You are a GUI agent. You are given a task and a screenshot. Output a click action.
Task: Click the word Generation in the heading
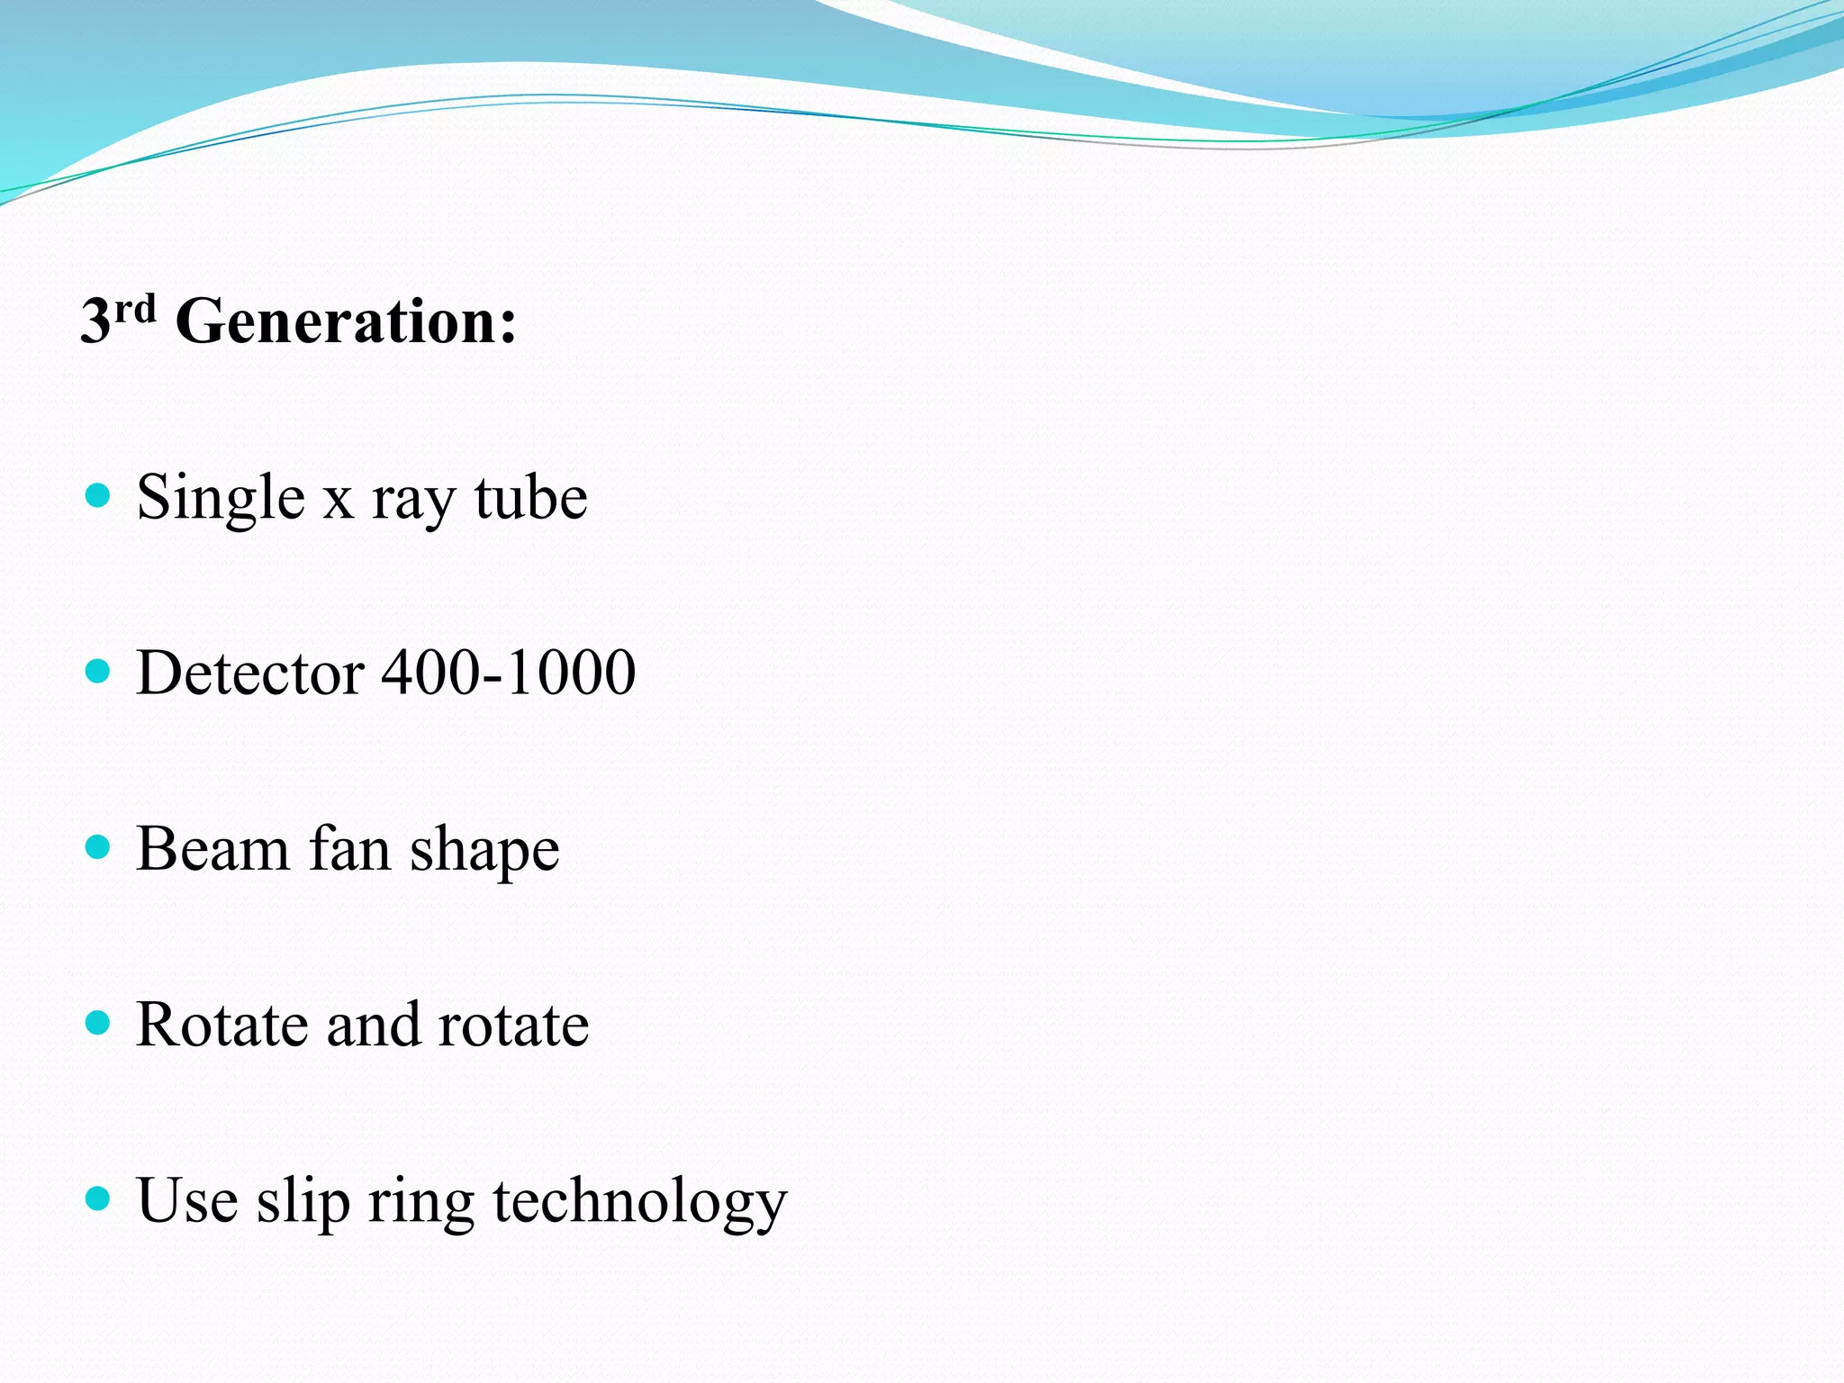point(346,321)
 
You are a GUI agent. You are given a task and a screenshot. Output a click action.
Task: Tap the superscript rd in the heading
point(135,309)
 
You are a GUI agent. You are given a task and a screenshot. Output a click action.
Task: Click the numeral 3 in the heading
point(95,321)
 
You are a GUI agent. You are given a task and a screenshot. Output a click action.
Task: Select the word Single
point(221,498)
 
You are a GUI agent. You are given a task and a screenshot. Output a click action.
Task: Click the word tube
point(531,498)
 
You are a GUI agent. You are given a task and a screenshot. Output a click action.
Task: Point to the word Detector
point(250,673)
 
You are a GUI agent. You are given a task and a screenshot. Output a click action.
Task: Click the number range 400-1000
point(509,673)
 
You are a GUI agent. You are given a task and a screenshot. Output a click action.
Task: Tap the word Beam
point(212,849)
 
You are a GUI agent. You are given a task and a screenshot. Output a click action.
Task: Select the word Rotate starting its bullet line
point(221,1025)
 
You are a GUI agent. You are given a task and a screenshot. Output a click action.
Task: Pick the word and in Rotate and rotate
point(373,1025)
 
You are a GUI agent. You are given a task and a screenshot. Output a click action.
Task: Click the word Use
point(187,1200)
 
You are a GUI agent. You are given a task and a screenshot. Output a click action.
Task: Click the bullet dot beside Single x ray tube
point(97,495)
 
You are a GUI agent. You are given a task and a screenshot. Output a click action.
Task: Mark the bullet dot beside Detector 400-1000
point(97,671)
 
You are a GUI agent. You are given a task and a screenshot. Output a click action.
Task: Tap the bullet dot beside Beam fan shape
point(97,846)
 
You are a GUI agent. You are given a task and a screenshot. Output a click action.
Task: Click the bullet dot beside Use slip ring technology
point(97,1198)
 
